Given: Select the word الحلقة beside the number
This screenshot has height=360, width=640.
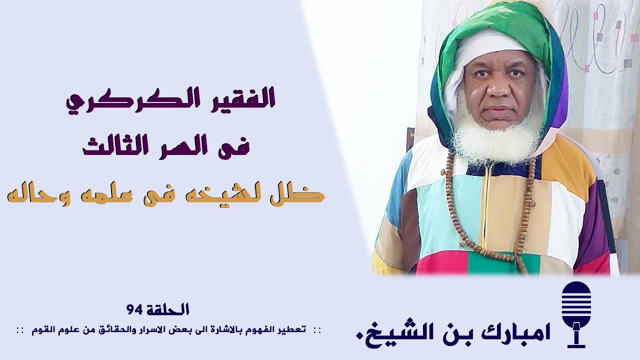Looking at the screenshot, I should pyautogui.click(x=167, y=310).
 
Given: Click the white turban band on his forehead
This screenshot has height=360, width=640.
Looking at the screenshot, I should pyautogui.click(x=492, y=47).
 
